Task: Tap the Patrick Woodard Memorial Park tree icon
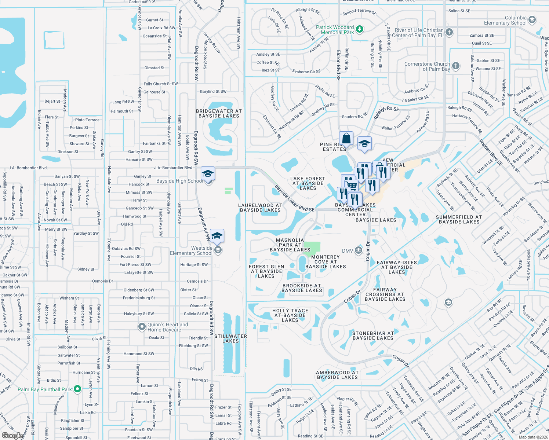pyautogui.click(x=360, y=29)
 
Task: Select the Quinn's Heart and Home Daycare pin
pyautogui.click(x=142, y=326)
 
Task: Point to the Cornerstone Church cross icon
pyautogui.click(x=455, y=66)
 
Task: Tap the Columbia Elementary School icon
pyautogui.click(x=532, y=20)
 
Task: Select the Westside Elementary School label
pyautogui.click(x=191, y=250)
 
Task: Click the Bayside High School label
pyautogui.click(x=179, y=181)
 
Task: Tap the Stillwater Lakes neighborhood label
pyautogui.click(x=230, y=338)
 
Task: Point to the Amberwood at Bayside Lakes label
pyautogui.click(x=337, y=375)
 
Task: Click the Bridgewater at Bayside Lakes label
pyautogui.click(x=219, y=113)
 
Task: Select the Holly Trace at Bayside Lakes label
pyautogui.click(x=290, y=315)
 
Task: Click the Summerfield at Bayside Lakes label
pyautogui.click(x=459, y=219)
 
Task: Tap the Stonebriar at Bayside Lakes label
pyautogui.click(x=373, y=335)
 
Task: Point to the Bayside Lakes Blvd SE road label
pyautogui.click(x=294, y=198)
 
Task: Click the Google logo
pyautogui.click(x=12, y=435)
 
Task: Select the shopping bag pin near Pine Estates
pyautogui.click(x=346, y=139)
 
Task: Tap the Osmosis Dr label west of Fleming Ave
pyautogui.click(x=102, y=281)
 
